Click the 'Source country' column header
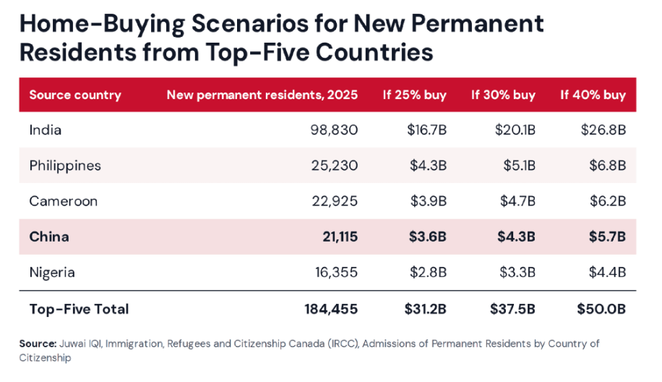pos(75,95)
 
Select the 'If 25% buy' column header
pos(415,95)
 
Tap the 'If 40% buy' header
pos(593,95)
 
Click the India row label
pos(46,130)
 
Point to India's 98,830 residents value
pos(334,130)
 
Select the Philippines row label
pos(65,166)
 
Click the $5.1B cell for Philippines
pos(519,166)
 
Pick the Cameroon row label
pos(64,201)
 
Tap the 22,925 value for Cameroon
pos(335,201)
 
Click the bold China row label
pos(49,237)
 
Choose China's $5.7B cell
pos(607,237)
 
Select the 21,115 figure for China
pos(340,237)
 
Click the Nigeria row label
pos(52,273)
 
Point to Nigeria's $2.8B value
pos(428,273)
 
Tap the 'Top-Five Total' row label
pos(79,310)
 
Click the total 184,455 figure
pos(331,310)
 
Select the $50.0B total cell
pos(601,310)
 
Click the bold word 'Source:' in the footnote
pos(38,344)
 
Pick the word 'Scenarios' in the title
pos(250,24)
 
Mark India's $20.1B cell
pos(515,130)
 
